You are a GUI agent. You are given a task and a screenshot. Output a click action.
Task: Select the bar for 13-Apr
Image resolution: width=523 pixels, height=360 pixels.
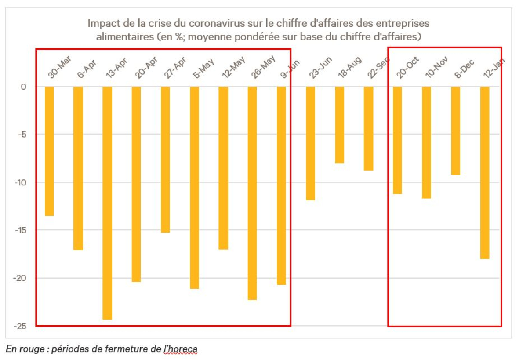(x=107, y=203)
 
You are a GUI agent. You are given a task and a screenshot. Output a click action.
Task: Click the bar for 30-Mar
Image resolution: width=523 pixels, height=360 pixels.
(x=49, y=151)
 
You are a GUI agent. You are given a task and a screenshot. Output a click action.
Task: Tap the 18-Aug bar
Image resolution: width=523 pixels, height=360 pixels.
(x=340, y=125)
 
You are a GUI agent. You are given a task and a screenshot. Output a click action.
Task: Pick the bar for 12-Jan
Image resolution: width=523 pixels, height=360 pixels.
(x=485, y=173)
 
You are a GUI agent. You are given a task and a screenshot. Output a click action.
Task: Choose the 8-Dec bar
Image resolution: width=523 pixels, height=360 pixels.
(x=456, y=131)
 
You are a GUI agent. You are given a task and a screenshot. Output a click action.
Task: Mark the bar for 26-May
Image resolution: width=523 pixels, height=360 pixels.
(x=253, y=193)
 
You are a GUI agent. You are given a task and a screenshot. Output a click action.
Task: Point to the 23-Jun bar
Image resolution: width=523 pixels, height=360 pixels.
(x=311, y=143)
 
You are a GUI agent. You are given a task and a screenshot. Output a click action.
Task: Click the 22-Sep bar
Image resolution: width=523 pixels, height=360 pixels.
(x=369, y=128)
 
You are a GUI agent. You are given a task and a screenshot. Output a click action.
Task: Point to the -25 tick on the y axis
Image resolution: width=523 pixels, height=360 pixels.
(x=21, y=326)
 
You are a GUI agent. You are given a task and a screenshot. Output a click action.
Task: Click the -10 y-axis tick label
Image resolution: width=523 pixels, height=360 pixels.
(x=21, y=182)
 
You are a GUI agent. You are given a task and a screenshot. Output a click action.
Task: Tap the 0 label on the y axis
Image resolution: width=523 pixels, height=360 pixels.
(x=24, y=87)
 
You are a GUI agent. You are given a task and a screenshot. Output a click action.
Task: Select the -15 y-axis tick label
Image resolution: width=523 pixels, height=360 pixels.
(x=21, y=230)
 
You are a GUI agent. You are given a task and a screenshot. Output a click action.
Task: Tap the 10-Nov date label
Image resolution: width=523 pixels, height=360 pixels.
(x=436, y=68)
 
